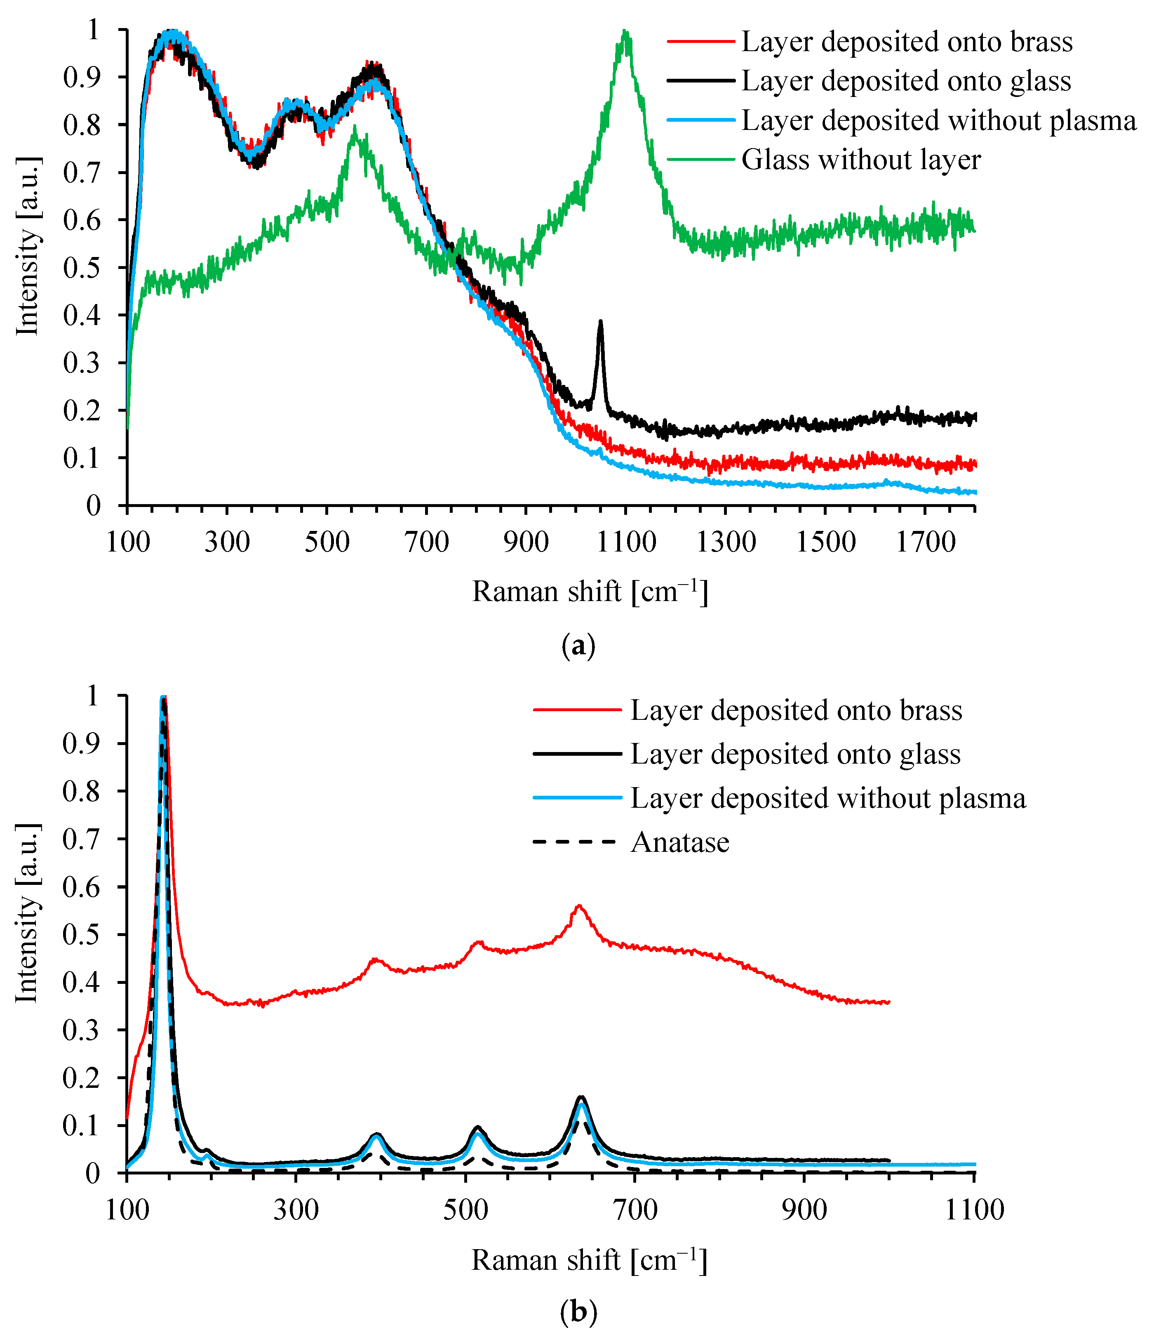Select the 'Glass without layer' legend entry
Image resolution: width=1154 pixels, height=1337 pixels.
click(x=860, y=159)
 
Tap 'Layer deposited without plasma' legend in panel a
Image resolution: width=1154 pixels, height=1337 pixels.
click(x=938, y=121)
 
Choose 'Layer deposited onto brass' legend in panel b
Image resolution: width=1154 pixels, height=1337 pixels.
click(x=796, y=710)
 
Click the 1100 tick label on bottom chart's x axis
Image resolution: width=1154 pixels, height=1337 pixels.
click(x=974, y=1210)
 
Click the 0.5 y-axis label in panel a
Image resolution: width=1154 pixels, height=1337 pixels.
click(x=82, y=268)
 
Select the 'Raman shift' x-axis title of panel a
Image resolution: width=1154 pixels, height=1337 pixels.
click(x=590, y=592)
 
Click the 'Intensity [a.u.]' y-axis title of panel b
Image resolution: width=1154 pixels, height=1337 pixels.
click(x=27, y=914)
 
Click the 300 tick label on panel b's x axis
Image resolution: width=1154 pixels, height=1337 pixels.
click(x=296, y=1210)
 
